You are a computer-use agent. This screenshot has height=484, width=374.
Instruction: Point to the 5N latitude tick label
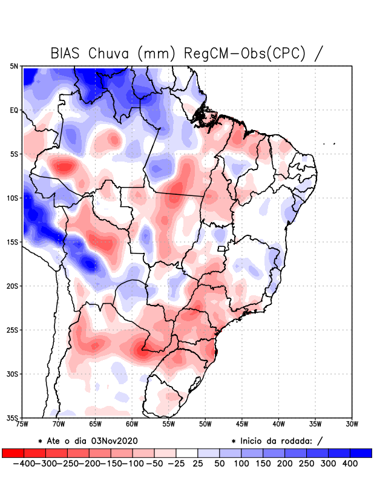(14, 67)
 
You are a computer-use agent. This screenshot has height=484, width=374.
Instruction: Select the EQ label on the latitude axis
(14, 111)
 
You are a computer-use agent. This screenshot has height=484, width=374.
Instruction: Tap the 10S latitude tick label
(13, 198)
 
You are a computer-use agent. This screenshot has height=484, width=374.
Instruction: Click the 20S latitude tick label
(13, 286)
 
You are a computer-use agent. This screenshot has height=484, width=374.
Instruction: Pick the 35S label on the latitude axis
(13, 418)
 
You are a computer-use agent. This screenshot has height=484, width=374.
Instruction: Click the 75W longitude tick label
(22, 424)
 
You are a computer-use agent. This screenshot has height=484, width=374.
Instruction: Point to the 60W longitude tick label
(132, 424)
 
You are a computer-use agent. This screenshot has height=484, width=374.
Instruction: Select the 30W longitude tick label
(352, 424)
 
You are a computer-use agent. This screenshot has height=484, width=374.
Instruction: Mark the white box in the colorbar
(187, 453)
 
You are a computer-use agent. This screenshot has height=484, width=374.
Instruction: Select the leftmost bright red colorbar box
(13, 453)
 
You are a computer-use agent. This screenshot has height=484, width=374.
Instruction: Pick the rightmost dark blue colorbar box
(361, 453)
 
